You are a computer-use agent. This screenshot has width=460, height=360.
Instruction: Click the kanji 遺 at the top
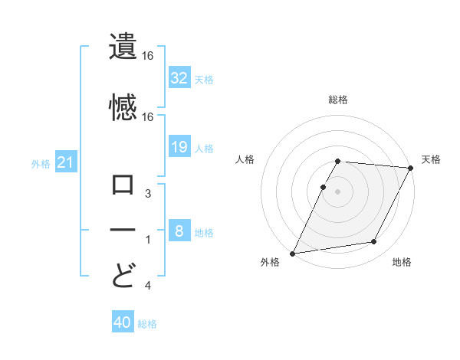[123, 47]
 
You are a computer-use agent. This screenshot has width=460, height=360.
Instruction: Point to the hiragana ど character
[123, 273]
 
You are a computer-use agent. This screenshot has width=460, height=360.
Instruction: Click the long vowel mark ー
[123, 230]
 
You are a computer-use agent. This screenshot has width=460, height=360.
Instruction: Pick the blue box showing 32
[179, 77]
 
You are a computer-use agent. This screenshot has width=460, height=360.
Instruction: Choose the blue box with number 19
[179, 147]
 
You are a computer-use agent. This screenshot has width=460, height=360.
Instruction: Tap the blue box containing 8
[179, 231]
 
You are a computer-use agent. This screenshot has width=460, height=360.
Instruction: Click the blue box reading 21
[66, 162]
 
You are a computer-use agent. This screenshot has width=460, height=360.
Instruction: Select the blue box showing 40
[123, 323]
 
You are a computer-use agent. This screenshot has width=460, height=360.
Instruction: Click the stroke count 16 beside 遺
[148, 56]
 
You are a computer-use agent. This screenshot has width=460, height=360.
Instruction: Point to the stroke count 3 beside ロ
[148, 195]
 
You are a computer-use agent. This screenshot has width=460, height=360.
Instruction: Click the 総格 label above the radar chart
[338, 100]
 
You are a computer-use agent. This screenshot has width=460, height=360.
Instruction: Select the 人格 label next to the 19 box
[204, 148]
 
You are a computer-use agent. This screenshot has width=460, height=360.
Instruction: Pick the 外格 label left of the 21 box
[41, 163]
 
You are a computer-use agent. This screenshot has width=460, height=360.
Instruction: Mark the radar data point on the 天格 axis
[410, 168]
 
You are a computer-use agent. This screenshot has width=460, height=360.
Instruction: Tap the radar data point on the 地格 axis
[374, 242]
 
